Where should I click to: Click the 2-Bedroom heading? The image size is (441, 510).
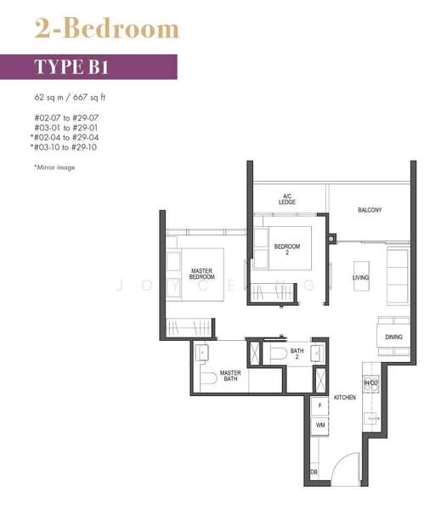coord(106,28)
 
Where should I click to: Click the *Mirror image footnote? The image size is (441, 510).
coord(55,167)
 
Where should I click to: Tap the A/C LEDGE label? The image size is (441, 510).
coord(287,199)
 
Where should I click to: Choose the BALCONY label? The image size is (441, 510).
coord(369,210)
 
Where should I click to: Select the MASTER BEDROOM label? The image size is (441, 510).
coord(201,274)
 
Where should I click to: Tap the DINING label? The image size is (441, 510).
coord(393,337)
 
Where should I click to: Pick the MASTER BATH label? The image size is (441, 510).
coord(230,375)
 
